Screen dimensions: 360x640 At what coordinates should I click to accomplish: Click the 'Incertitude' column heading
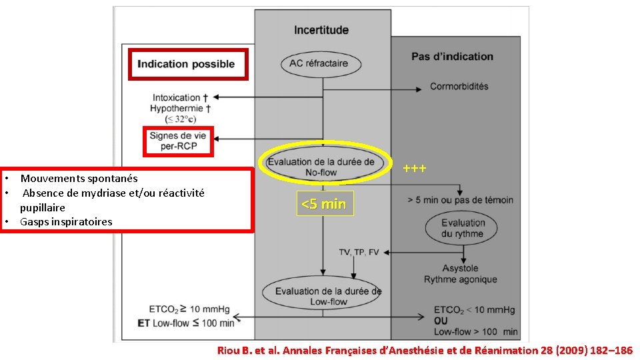(321, 30)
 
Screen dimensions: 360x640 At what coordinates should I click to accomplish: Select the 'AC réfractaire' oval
(323, 64)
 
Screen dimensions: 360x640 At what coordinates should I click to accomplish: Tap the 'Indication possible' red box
(187, 64)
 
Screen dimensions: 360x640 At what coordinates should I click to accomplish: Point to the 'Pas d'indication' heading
(452, 57)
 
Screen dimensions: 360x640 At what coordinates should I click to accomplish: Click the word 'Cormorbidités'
(459, 86)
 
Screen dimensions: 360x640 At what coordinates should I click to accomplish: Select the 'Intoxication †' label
(179, 97)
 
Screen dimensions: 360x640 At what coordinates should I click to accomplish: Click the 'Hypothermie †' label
(181, 108)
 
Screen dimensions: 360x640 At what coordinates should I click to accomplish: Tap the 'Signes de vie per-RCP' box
(178, 141)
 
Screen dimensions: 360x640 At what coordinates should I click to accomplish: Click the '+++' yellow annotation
(415, 169)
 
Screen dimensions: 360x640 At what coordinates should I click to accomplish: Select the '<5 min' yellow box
(323, 204)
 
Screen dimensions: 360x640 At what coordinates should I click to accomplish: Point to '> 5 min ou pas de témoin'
(461, 199)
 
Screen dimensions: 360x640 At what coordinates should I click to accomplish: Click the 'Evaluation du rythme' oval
(463, 227)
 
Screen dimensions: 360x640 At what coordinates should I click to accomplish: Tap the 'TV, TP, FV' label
(359, 252)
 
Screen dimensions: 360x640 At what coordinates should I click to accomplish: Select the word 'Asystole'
(460, 269)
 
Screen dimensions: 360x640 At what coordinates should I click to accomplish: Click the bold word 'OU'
(442, 321)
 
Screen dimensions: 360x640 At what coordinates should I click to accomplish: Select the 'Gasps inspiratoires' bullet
(66, 221)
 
